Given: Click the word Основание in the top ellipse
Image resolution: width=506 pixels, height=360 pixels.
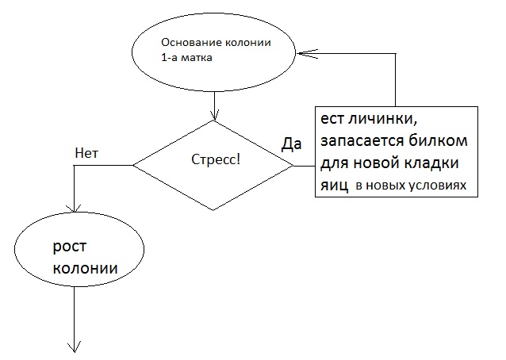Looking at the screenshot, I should tap(188, 43).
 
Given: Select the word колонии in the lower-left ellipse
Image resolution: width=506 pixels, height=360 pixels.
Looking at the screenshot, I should tap(85, 269).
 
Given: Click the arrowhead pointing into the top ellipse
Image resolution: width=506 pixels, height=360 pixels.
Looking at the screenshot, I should tap(302, 53).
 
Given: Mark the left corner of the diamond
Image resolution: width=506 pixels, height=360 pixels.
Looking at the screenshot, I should tap(133, 165).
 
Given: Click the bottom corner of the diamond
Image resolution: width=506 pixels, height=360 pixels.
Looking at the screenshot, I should tap(213, 210).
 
